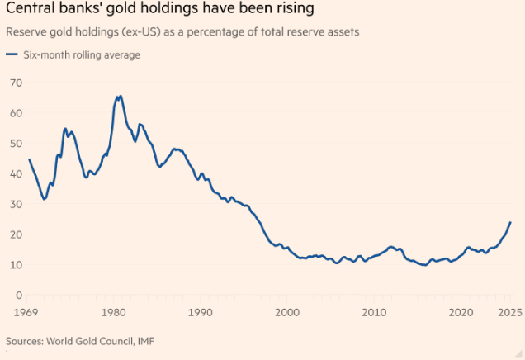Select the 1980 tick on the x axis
(x=113, y=311)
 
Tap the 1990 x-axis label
(x=200, y=311)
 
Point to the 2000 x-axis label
(x=286, y=311)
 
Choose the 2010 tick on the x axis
(x=373, y=311)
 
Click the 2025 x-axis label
(x=508, y=311)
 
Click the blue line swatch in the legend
(x=11, y=54)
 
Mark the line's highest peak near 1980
(x=120, y=96)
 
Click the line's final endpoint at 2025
(x=510, y=222)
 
